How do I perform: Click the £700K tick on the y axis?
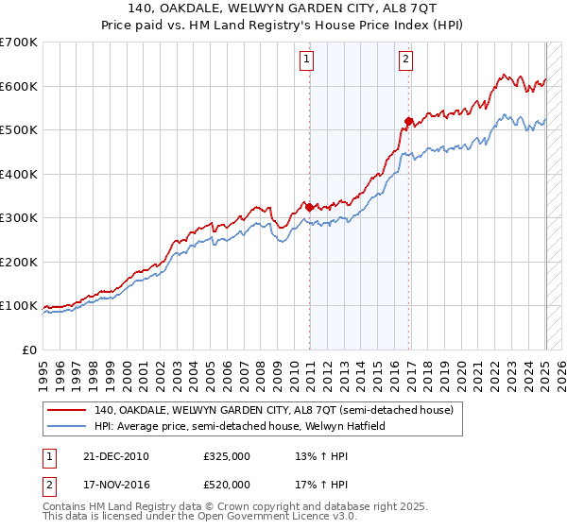point(18,43)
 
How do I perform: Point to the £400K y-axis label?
point(18,174)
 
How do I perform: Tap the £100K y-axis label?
point(18,305)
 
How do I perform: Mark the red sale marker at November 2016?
point(408,121)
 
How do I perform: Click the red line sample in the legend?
point(67,410)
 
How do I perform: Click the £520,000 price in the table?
point(227,485)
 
